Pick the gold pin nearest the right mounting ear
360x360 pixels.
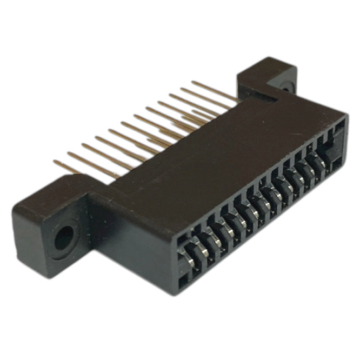(x=214, y=92)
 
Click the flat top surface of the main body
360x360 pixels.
(x=216, y=151)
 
